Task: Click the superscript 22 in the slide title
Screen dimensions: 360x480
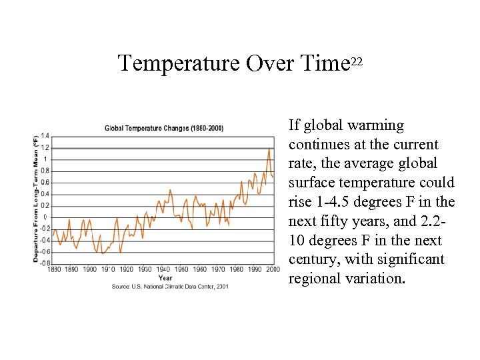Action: pyautogui.click(x=356, y=62)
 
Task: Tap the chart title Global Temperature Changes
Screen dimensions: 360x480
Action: pyautogui.click(x=164, y=128)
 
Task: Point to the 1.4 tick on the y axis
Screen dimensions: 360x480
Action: pyautogui.click(x=44, y=136)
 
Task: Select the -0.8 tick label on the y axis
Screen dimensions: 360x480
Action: pyautogui.click(x=43, y=263)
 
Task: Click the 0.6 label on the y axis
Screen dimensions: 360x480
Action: pyautogui.click(x=44, y=182)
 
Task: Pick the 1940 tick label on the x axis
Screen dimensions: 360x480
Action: pyautogui.click(x=163, y=270)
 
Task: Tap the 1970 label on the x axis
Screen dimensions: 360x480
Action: pyautogui.click(x=218, y=270)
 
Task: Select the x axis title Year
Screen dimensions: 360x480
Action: pyautogui.click(x=165, y=278)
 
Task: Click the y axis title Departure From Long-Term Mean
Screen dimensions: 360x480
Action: pyautogui.click(x=35, y=199)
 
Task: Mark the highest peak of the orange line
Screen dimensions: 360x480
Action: pyautogui.click(x=269, y=149)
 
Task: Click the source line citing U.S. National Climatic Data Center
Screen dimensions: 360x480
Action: pyautogui.click(x=170, y=286)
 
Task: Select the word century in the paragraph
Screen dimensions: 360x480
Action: pyautogui.click(x=311, y=259)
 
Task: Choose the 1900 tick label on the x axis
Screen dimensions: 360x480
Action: pyautogui.click(x=89, y=270)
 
